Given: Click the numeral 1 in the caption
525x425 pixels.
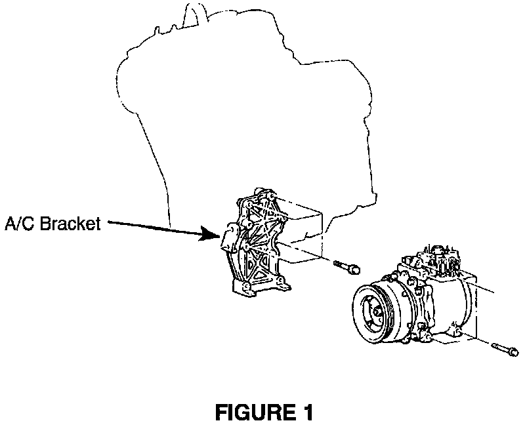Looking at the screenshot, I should [x=305, y=413].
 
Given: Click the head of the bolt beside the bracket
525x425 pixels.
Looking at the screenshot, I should [x=355, y=268].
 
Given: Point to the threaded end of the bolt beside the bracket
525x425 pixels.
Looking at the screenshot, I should [x=337, y=264].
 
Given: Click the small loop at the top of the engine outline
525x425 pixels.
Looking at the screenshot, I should [x=192, y=11].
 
